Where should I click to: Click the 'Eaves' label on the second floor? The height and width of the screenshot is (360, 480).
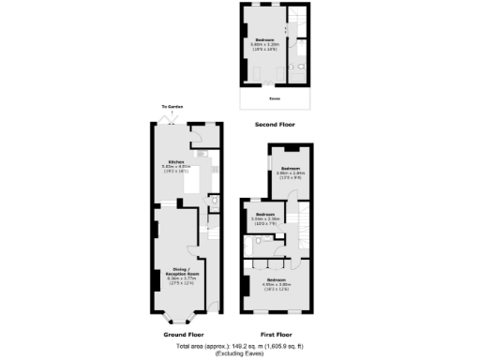(274, 97)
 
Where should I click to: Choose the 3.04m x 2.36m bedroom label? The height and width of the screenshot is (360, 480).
(263, 215)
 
